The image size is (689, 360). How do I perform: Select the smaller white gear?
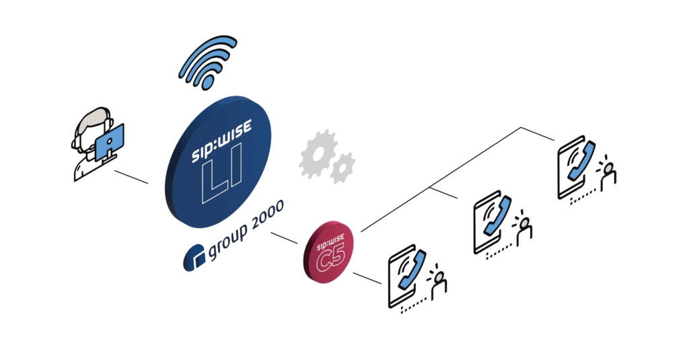click(343, 168)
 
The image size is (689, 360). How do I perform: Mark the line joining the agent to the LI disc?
click(131, 178)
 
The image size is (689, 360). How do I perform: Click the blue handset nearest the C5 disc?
click(410, 270)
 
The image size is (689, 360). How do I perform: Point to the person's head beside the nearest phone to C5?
click(439, 276)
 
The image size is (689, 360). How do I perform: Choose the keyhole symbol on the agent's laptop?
click(109, 143)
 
